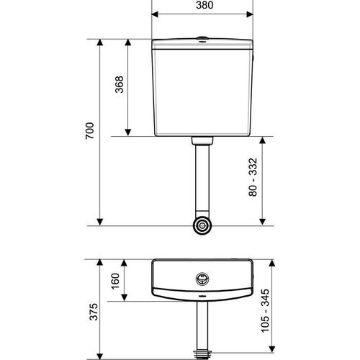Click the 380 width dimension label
click(204, 5)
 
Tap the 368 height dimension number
click(120, 84)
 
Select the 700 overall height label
click(90, 131)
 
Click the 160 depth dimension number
click(115, 281)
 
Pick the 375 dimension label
click(94, 312)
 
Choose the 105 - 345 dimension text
click(265, 311)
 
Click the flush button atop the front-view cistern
click(202, 38)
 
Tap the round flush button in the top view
click(202, 279)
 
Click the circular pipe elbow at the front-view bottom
click(202, 225)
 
